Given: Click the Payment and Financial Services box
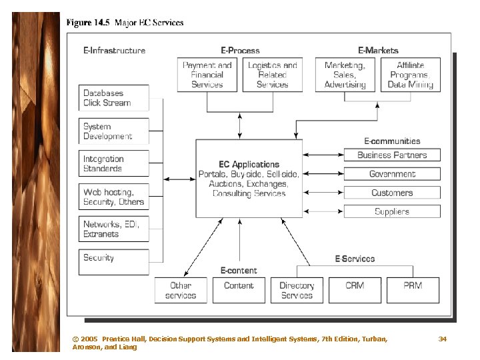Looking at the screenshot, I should pyautogui.click(x=207, y=75).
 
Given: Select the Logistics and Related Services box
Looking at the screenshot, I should pyautogui.click(x=272, y=75).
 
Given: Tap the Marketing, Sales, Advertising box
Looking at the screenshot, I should pyautogui.click(x=345, y=75).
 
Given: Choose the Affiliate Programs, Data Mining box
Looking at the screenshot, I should pyautogui.click(x=410, y=75).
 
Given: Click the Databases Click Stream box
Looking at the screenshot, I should pyautogui.click(x=114, y=98).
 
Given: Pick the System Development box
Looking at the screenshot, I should pyautogui.click(x=114, y=131).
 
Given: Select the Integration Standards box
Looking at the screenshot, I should pyautogui.click(x=114, y=164).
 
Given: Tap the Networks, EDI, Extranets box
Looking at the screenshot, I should pyautogui.click(x=114, y=229).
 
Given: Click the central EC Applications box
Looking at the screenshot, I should pyautogui.click(x=249, y=179).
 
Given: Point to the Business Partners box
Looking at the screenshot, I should pyautogui.click(x=392, y=155).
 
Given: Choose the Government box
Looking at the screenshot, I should pyautogui.click(x=392, y=174).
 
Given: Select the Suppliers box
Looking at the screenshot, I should pyautogui.click(x=392, y=211).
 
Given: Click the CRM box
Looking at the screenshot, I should pyautogui.click(x=355, y=290).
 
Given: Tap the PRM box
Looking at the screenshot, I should pyautogui.click(x=413, y=290).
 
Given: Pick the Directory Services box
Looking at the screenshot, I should pyautogui.click(x=297, y=290).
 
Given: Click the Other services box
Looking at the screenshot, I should pyautogui.click(x=181, y=290).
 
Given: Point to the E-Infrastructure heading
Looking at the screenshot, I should pyautogui.click(x=114, y=50).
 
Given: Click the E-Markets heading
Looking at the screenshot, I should pyautogui.click(x=378, y=50).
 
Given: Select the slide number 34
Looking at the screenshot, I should pyautogui.click(x=442, y=339).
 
